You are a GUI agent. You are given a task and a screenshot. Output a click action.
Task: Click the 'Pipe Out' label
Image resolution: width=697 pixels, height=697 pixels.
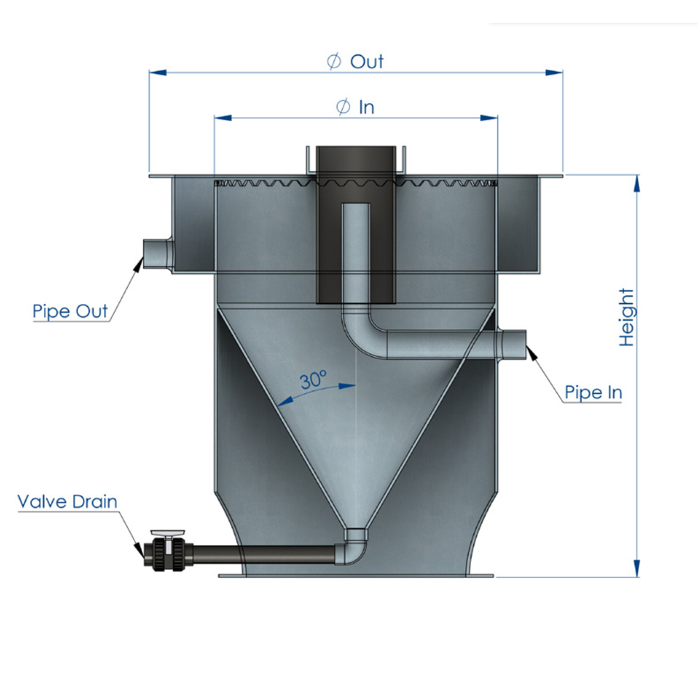(x=70, y=311)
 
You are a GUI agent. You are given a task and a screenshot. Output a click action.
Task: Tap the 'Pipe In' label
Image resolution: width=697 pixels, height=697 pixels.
(x=593, y=392)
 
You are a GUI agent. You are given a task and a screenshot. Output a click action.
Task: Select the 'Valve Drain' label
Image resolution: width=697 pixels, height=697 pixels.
(x=67, y=502)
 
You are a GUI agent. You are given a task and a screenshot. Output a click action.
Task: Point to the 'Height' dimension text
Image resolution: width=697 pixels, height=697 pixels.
(x=627, y=317)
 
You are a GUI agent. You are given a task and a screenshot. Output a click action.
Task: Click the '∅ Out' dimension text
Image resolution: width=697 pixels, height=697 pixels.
(x=355, y=61)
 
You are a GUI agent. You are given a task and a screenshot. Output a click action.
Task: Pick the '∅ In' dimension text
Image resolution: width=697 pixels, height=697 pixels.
(x=355, y=107)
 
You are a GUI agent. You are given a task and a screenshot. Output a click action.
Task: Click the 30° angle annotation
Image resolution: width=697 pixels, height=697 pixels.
(x=314, y=380)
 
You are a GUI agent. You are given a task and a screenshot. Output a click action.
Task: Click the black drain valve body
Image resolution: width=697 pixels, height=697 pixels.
(x=167, y=554)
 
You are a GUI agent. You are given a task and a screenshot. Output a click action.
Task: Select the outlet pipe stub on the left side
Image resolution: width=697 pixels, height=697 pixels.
(x=158, y=254)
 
